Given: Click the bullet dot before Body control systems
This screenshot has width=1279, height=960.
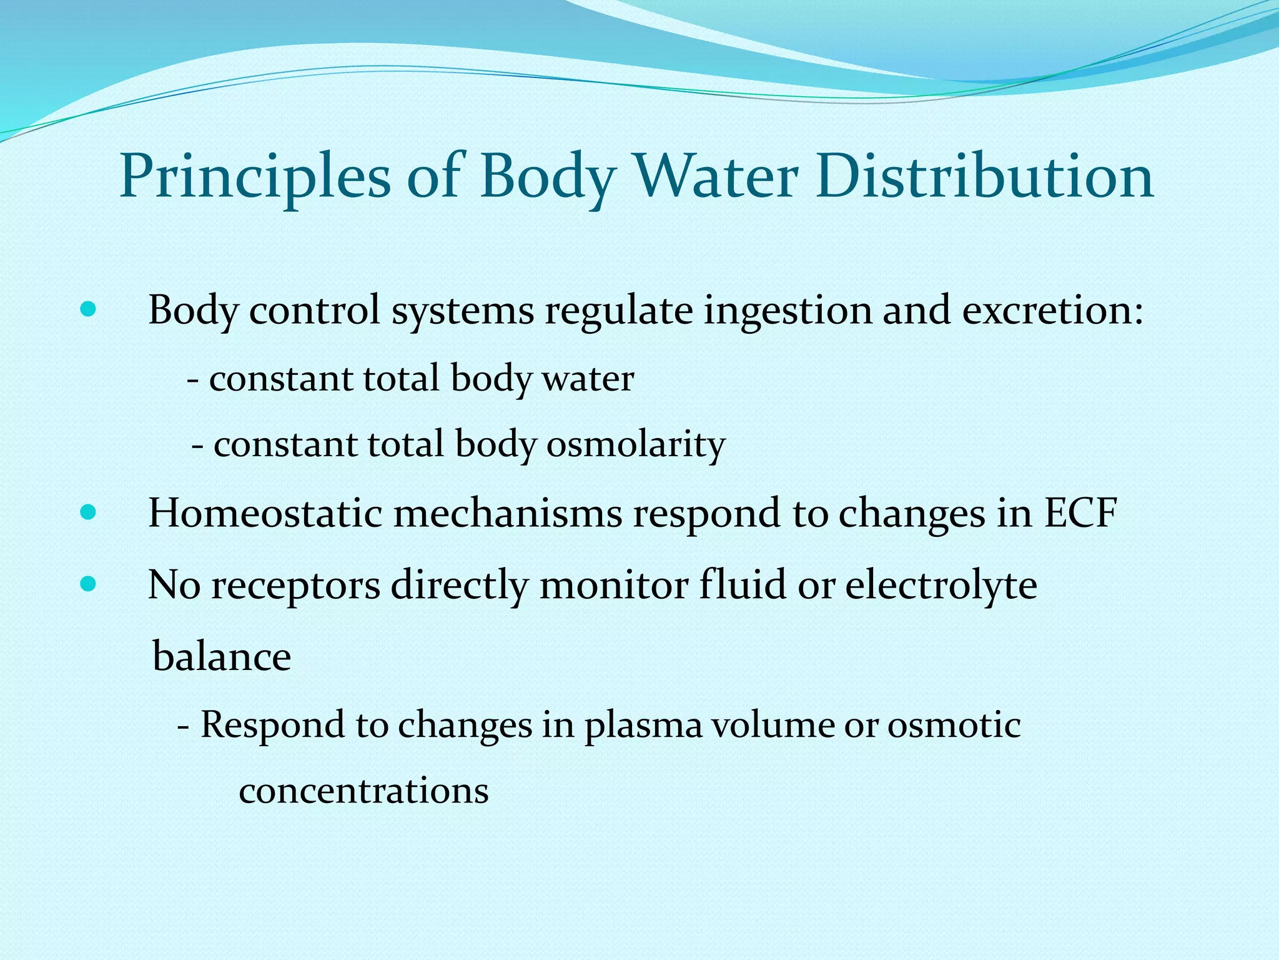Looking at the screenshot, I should tap(89, 309).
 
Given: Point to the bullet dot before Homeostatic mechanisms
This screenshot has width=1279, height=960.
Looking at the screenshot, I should tap(89, 513).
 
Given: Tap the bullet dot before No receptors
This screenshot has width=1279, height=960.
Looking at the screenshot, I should tap(89, 585).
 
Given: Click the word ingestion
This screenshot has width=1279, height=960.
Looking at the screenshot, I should tap(788, 311).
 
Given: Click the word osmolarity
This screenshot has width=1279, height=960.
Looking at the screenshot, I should tap(636, 445).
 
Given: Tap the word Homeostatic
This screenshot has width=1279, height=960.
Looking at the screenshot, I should tap(265, 514).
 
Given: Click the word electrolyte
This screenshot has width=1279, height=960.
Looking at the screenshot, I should tap(941, 586).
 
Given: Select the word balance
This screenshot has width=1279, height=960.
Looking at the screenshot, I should tap(222, 657).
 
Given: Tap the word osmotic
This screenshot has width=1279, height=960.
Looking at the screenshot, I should tap(954, 726).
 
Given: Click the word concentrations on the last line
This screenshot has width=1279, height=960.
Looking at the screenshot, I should tap(363, 791).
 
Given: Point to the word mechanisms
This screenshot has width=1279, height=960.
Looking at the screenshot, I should tap(508, 514).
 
